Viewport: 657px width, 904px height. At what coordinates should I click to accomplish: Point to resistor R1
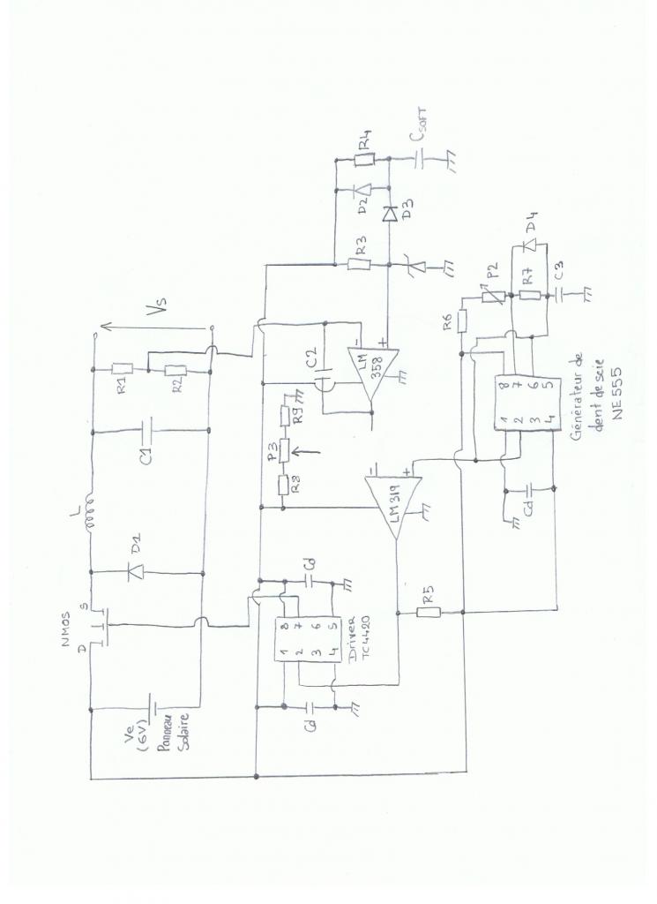(123, 369)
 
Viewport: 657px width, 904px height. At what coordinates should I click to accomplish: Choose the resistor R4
(365, 161)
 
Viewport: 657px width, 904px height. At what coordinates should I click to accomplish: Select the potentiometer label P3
(273, 452)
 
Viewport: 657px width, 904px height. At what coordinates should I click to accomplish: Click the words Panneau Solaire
(175, 729)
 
